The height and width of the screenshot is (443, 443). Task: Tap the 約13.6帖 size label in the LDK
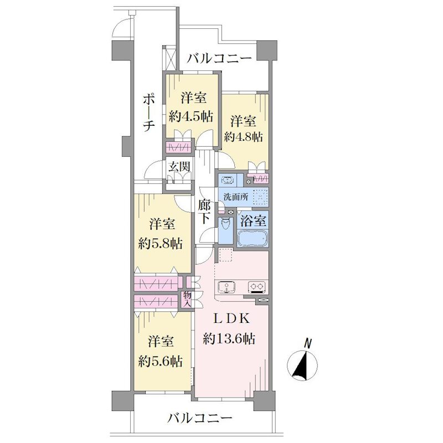(x=229, y=338)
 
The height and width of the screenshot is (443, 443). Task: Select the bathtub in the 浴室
(x=253, y=238)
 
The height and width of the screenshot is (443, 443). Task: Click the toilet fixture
(x=226, y=227)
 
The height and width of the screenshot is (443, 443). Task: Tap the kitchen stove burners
(x=257, y=287)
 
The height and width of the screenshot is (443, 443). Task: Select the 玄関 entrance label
(x=179, y=167)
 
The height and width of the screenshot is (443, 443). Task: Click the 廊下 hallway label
(x=204, y=212)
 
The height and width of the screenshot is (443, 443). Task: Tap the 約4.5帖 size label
(x=191, y=116)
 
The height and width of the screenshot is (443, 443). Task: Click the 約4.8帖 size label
(x=243, y=137)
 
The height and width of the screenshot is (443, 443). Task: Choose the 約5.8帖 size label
(x=160, y=243)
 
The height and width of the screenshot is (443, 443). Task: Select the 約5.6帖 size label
(x=160, y=361)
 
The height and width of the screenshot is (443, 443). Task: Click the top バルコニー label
(x=220, y=59)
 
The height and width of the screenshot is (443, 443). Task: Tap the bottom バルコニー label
(x=200, y=418)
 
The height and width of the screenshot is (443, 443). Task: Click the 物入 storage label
(x=187, y=299)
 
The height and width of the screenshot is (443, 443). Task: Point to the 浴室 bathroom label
(x=253, y=221)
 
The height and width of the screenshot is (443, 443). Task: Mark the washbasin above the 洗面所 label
(x=228, y=179)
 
